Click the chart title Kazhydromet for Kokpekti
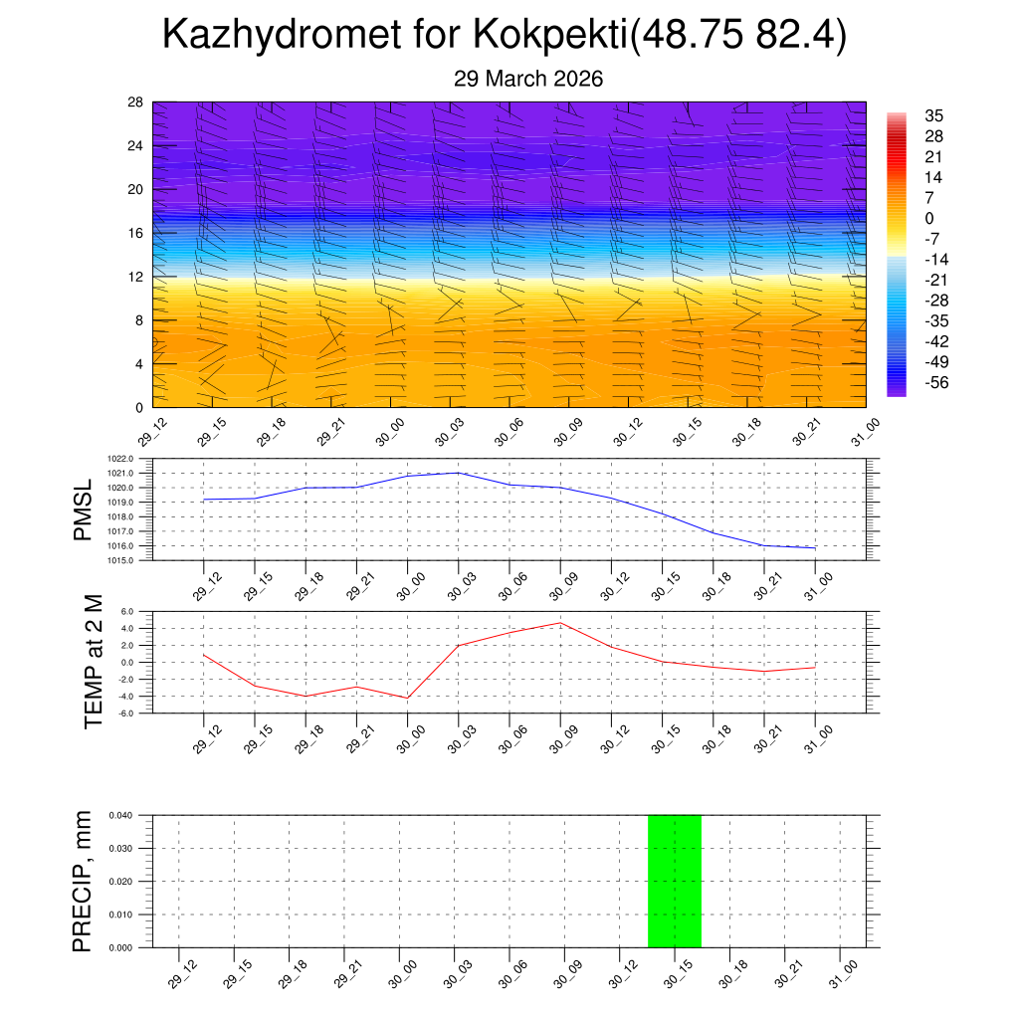pyautogui.click(x=504, y=36)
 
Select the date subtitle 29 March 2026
pyautogui.click(x=528, y=79)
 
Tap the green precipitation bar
pyautogui.click(x=675, y=881)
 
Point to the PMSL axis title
pyautogui.click(x=84, y=509)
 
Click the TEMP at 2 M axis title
pyautogui.click(x=94, y=661)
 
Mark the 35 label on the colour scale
pyautogui.click(x=933, y=115)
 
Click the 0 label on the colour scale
pyautogui.click(x=929, y=218)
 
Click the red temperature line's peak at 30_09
pyautogui.click(x=560, y=623)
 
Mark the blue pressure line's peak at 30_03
pyautogui.click(x=458, y=473)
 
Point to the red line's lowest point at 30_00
pyautogui.click(x=407, y=698)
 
